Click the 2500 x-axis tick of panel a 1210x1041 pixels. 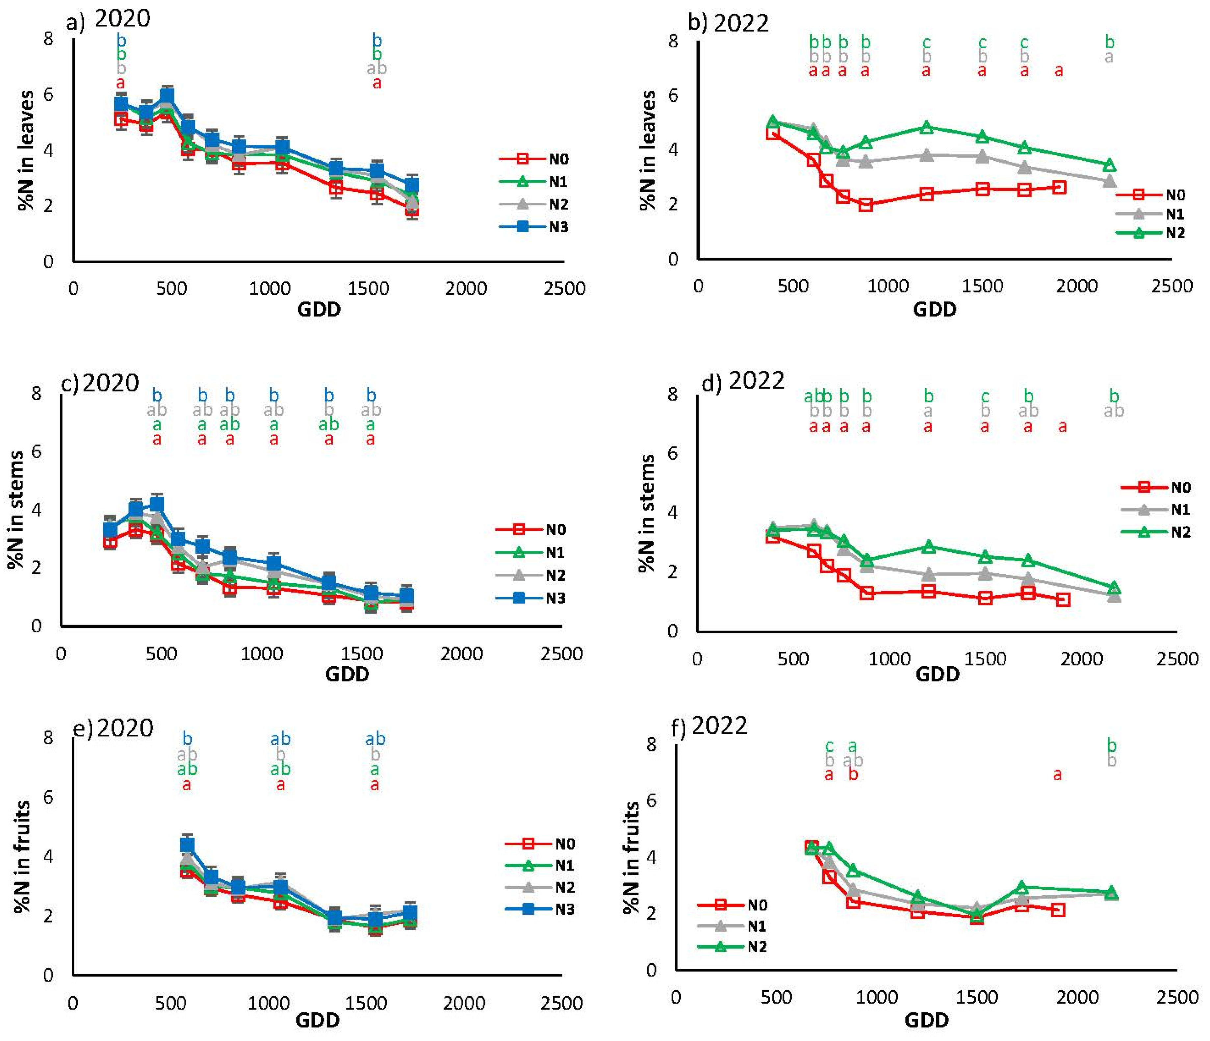pos(564,289)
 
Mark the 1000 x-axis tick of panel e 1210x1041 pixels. pos(268,1003)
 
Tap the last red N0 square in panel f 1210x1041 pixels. pos(1058,910)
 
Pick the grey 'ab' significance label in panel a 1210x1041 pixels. pos(377,69)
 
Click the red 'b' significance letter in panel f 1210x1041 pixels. pos(853,775)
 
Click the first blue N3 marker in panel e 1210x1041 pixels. pos(187,845)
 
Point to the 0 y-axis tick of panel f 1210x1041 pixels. pos(651,970)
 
